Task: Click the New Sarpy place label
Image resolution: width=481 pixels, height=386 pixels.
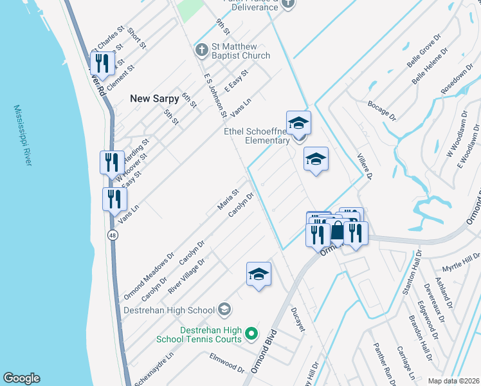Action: [154, 99]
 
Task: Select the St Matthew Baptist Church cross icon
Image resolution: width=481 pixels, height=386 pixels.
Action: [202, 50]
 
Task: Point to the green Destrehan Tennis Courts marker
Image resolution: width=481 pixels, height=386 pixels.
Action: [251, 335]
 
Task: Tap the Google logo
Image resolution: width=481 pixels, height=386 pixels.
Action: [22, 378]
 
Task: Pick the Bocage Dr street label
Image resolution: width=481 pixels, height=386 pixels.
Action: [381, 110]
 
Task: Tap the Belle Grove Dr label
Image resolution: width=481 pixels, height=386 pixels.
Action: [427, 54]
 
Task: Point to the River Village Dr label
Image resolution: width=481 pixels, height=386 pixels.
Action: [186, 276]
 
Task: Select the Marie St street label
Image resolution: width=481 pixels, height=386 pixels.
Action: [228, 199]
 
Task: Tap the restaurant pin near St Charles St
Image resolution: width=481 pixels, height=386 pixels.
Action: [101, 63]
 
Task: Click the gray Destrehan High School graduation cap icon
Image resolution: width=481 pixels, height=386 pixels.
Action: [224, 310]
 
